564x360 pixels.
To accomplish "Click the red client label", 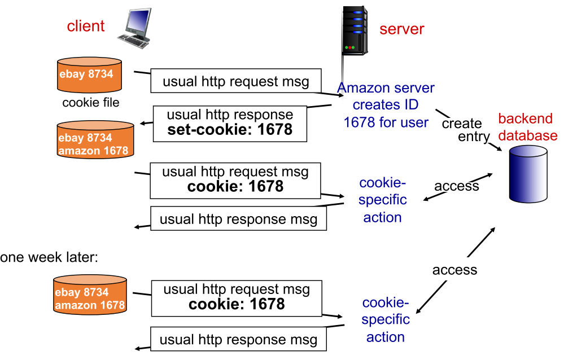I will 86,26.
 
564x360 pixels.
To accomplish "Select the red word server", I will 401,29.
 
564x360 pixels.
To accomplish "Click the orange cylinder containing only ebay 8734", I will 89,75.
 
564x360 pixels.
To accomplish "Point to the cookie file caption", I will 91,103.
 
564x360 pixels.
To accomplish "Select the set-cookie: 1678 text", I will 230,130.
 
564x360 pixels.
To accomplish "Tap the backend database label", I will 527,128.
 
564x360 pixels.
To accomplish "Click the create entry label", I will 462,130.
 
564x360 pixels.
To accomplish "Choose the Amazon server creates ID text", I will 386,105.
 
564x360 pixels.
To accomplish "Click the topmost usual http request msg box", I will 236,81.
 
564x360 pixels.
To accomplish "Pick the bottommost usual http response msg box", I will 238,340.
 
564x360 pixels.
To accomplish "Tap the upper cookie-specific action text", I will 383,200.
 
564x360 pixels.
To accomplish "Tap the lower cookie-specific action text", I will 386,319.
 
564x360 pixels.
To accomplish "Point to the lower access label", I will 454,270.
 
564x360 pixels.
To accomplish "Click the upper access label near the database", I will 456,186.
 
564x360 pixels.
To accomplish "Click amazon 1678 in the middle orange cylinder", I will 93,150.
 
